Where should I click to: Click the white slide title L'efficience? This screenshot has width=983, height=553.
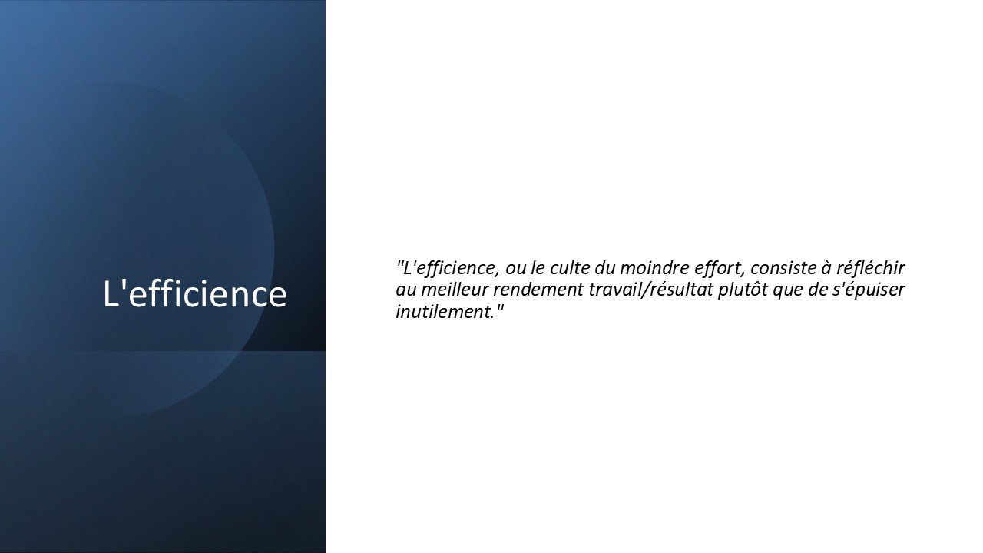195,293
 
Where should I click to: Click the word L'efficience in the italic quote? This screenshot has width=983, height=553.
451,268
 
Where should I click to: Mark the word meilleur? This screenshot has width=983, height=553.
455,290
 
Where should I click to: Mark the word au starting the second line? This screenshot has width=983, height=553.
406,291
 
